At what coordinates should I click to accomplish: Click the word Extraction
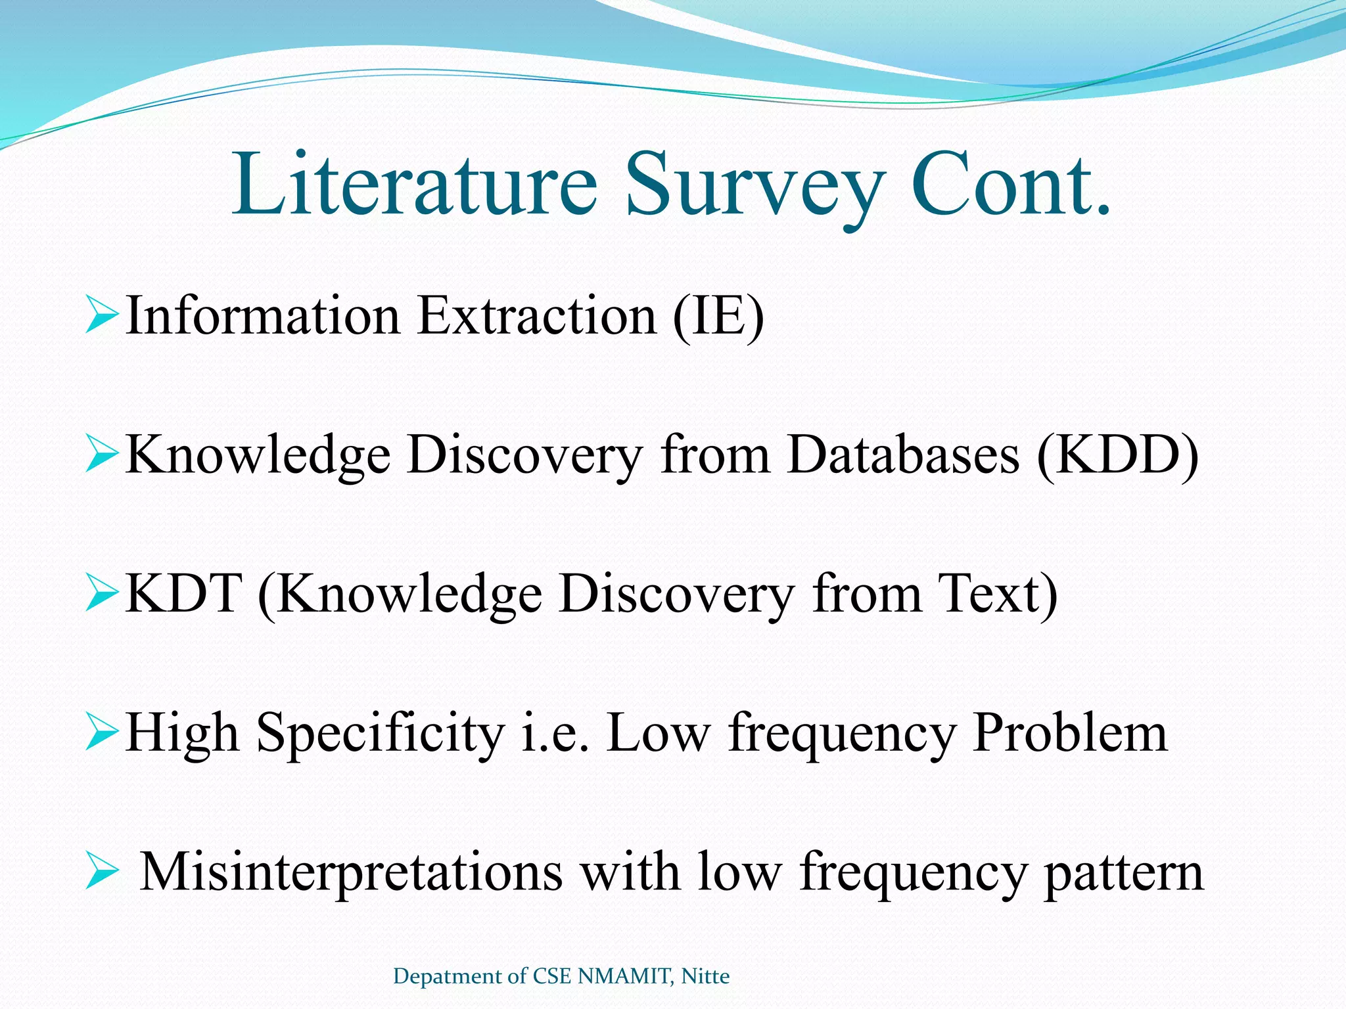coord(537,316)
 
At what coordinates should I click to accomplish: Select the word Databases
coord(903,455)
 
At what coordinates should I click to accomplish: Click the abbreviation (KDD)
coord(1118,456)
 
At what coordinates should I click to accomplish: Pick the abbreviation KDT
coord(183,594)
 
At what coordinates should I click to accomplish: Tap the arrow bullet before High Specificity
coord(101,733)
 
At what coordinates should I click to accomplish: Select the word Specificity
coord(380,734)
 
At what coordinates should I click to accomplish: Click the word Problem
coord(1070,733)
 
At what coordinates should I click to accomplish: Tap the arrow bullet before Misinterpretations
coord(101,873)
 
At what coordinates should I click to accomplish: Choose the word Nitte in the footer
coord(705,976)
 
